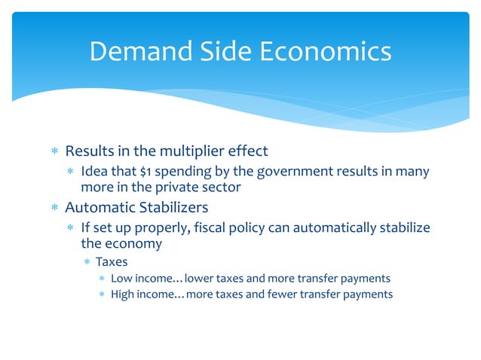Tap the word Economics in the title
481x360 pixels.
click(x=326, y=51)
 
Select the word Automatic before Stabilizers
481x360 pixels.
click(x=103, y=206)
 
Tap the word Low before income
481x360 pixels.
click(x=122, y=278)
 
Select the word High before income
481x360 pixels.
click(x=124, y=294)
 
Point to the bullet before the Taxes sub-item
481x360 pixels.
click(x=87, y=262)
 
